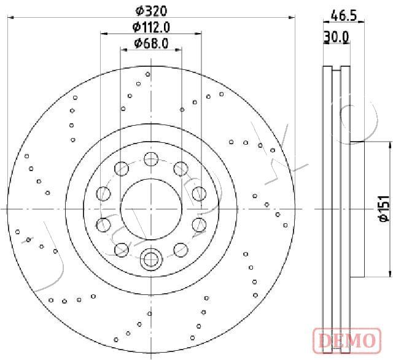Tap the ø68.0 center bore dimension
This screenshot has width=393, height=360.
tap(151, 43)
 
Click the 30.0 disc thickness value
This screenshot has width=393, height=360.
tap(336, 37)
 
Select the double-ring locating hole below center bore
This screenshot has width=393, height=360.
tap(150, 259)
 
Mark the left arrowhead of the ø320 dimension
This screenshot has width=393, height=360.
tap(9, 18)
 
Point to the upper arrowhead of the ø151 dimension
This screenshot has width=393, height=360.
tap(390, 145)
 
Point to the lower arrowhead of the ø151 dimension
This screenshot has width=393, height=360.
tap(390, 274)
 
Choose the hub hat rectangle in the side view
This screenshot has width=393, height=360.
tap(357, 209)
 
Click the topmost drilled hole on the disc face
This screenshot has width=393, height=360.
tap(148, 74)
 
